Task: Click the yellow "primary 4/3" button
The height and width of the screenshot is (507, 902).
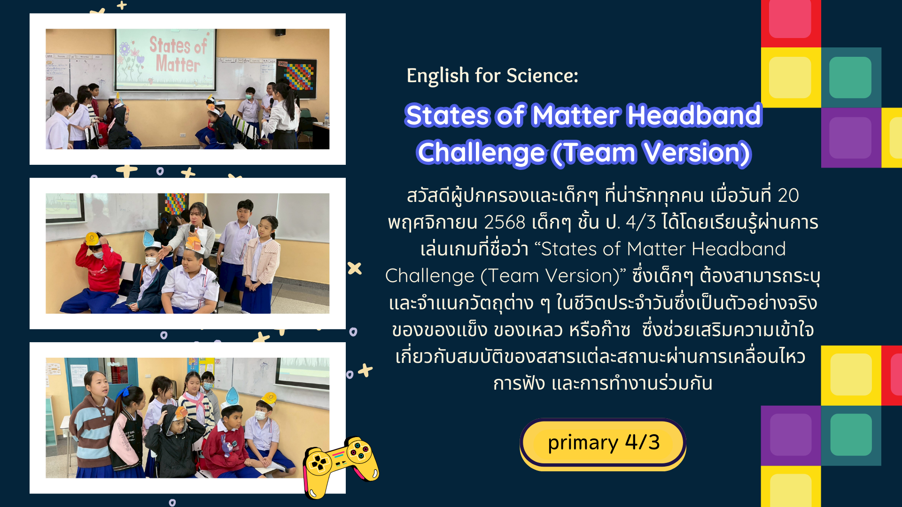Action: (603, 443)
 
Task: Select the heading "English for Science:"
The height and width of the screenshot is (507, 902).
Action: (492, 76)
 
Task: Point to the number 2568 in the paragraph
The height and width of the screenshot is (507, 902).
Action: (504, 223)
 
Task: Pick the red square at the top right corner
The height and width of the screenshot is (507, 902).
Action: (791, 21)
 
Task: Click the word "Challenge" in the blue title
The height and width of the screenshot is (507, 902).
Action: (481, 153)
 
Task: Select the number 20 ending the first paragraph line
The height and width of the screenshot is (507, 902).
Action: (788, 195)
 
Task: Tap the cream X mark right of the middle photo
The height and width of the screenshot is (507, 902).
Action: (355, 268)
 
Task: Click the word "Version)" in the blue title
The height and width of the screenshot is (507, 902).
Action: (697, 153)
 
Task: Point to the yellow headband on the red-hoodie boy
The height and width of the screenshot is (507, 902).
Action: (92, 238)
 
